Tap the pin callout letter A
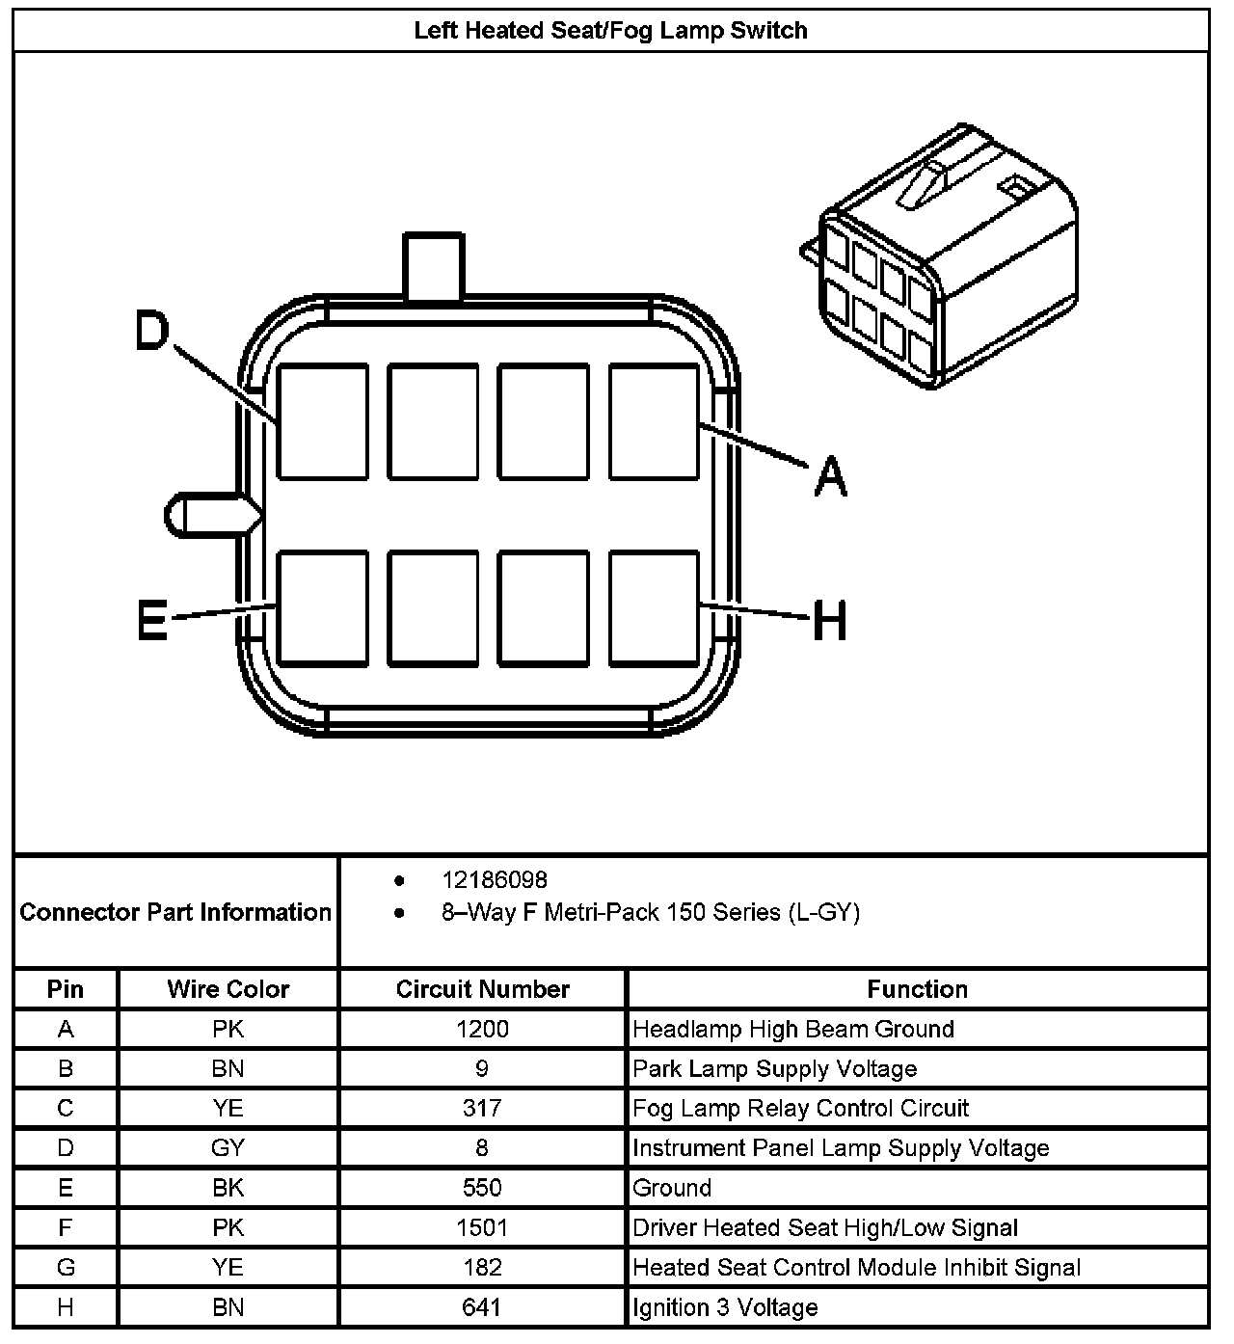click(830, 477)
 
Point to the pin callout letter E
click(152, 619)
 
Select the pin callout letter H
click(829, 620)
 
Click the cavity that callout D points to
click(323, 421)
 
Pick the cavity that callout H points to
click(654, 607)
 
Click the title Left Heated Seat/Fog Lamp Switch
click(610, 30)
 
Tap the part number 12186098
click(495, 880)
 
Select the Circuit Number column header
click(482, 989)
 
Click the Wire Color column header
click(228, 989)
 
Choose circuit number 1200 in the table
click(482, 1029)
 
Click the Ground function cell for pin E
click(672, 1188)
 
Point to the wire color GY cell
click(228, 1148)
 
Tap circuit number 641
click(482, 1307)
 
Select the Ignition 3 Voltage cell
click(725, 1307)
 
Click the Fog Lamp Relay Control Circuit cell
click(800, 1109)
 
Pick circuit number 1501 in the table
click(482, 1227)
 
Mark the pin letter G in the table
click(66, 1267)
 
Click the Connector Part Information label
click(175, 912)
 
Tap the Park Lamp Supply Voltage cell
click(774, 1069)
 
